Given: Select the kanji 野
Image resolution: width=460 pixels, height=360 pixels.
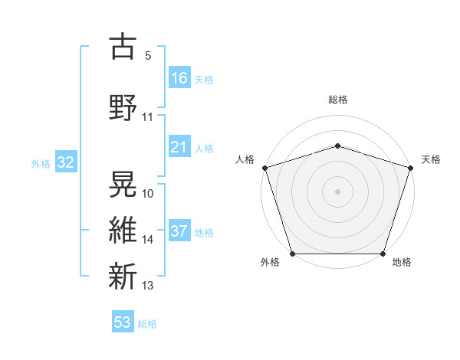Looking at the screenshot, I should [x=123, y=106].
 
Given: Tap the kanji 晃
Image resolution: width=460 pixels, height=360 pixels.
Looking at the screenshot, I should [x=123, y=183].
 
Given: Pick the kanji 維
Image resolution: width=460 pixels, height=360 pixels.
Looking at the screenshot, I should [x=123, y=230].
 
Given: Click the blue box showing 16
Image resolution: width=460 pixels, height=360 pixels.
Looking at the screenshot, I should [x=179, y=78].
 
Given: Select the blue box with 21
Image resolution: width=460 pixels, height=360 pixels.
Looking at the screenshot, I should [x=179, y=147].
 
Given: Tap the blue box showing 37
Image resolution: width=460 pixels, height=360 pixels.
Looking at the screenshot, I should [x=179, y=232].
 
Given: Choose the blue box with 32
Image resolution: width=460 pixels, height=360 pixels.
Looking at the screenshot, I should [x=65, y=163].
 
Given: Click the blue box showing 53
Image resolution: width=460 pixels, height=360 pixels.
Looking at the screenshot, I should [x=123, y=322].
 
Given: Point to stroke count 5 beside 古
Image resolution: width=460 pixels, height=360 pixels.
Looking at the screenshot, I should [x=148, y=56].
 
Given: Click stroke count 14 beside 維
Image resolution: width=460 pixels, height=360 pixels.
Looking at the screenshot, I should [x=148, y=240].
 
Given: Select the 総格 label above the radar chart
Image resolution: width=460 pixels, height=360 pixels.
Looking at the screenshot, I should [x=337, y=100].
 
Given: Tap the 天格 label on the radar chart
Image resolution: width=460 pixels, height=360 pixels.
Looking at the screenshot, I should [x=431, y=159].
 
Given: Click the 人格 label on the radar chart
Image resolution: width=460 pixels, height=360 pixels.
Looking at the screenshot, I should [x=245, y=159].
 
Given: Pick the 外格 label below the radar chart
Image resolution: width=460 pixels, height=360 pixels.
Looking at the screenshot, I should [x=270, y=263].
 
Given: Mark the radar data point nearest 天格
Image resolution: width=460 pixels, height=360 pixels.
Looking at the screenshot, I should [x=410, y=168].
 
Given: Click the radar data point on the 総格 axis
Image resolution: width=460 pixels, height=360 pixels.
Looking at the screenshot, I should [x=337, y=146].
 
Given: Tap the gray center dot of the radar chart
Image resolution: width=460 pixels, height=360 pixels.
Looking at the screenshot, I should [x=337, y=191].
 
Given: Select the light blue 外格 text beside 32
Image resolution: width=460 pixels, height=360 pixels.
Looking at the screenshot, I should [x=41, y=164].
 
